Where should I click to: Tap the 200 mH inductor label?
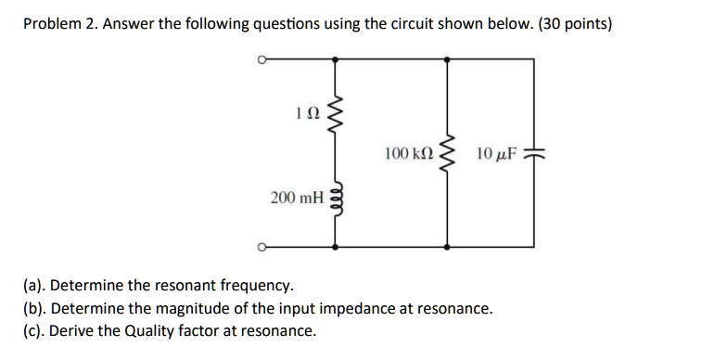click(x=298, y=197)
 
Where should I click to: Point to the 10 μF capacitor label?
click(x=496, y=151)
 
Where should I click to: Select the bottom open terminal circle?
click(x=262, y=247)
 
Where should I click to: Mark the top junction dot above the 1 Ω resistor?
click(x=335, y=58)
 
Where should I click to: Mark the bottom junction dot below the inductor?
click(x=335, y=247)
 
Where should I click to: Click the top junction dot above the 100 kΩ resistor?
click(x=449, y=58)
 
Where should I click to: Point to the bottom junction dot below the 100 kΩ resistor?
click(x=449, y=247)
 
